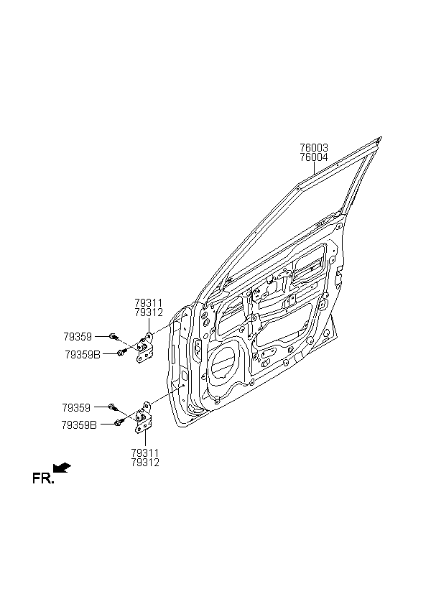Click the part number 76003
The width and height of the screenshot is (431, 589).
tap(314, 148)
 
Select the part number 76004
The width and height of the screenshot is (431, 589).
tap(314, 157)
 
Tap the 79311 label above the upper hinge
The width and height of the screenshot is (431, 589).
tap(149, 303)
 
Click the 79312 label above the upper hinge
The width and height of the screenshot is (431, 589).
tap(149, 312)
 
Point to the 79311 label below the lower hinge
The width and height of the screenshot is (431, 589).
tap(145, 453)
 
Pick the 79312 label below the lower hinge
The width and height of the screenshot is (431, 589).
tap(145, 463)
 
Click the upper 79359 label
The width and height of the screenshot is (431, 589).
tap(78, 337)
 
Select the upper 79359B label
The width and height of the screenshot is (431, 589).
tap(83, 355)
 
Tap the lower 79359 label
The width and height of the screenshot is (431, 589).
tap(76, 407)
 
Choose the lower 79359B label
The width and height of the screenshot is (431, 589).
tap(79, 425)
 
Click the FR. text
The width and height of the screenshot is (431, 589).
tap(43, 478)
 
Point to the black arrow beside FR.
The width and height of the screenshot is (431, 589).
tap(62, 468)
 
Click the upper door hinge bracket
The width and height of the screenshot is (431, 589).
tap(144, 348)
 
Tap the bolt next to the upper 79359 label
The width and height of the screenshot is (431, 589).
tap(113, 336)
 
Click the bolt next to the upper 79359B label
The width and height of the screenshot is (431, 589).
tap(121, 353)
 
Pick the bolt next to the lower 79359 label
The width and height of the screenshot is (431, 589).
tap(113, 407)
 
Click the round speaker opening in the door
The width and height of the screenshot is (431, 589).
tap(224, 363)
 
